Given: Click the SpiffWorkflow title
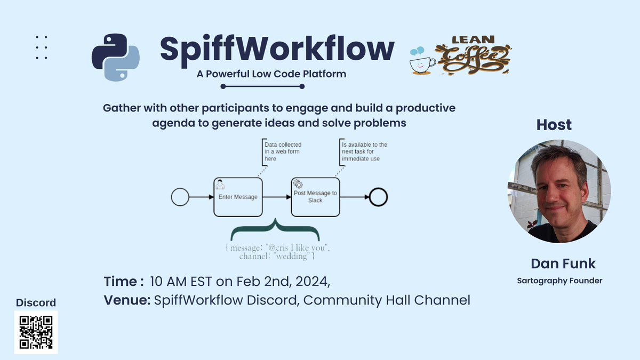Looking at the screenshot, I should [x=277, y=49].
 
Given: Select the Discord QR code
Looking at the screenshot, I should [x=36, y=332].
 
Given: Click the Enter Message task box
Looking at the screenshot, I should [x=238, y=197].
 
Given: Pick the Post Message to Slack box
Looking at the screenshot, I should [x=315, y=197].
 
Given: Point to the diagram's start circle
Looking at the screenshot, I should [x=180, y=197].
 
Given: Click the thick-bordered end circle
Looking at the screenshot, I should [x=378, y=197].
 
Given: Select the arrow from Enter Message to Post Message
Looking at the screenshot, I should [x=276, y=197].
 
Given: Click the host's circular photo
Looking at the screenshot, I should [x=559, y=191].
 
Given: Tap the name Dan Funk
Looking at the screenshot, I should [x=563, y=263].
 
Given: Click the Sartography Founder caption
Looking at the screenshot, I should [x=559, y=281].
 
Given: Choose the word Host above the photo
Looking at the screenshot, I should [x=554, y=125].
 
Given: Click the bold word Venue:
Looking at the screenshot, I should [x=127, y=300].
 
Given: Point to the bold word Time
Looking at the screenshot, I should [x=121, y=281].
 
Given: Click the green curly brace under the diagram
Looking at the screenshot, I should [x=275, y=232].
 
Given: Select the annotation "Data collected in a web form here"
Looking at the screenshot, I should [x=283, y=151].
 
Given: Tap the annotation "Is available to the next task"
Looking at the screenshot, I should [x=364, y=151].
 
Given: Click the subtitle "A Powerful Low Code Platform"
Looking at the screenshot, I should [x=271, y=74].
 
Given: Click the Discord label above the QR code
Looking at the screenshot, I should [x=36, y=303].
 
